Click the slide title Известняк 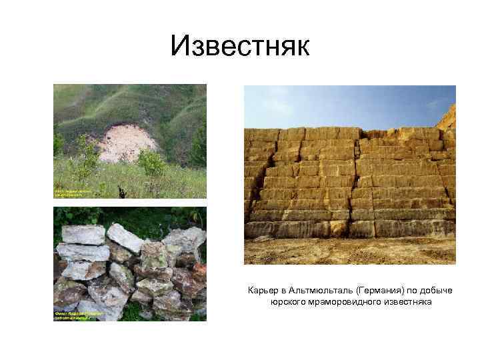pos(240,46)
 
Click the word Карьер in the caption pos(261,291)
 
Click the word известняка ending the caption pos(408,302)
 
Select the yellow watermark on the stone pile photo pos(78,315)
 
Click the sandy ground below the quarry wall pos(347,250)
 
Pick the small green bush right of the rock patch pos(153,163)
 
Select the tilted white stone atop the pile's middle pos(125,237)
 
